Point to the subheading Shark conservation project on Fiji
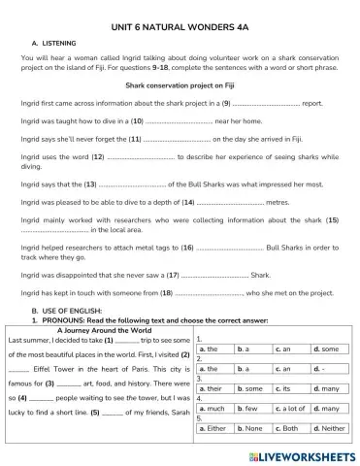click(x=179, y=85)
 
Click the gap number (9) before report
click(x=226, y=103)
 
